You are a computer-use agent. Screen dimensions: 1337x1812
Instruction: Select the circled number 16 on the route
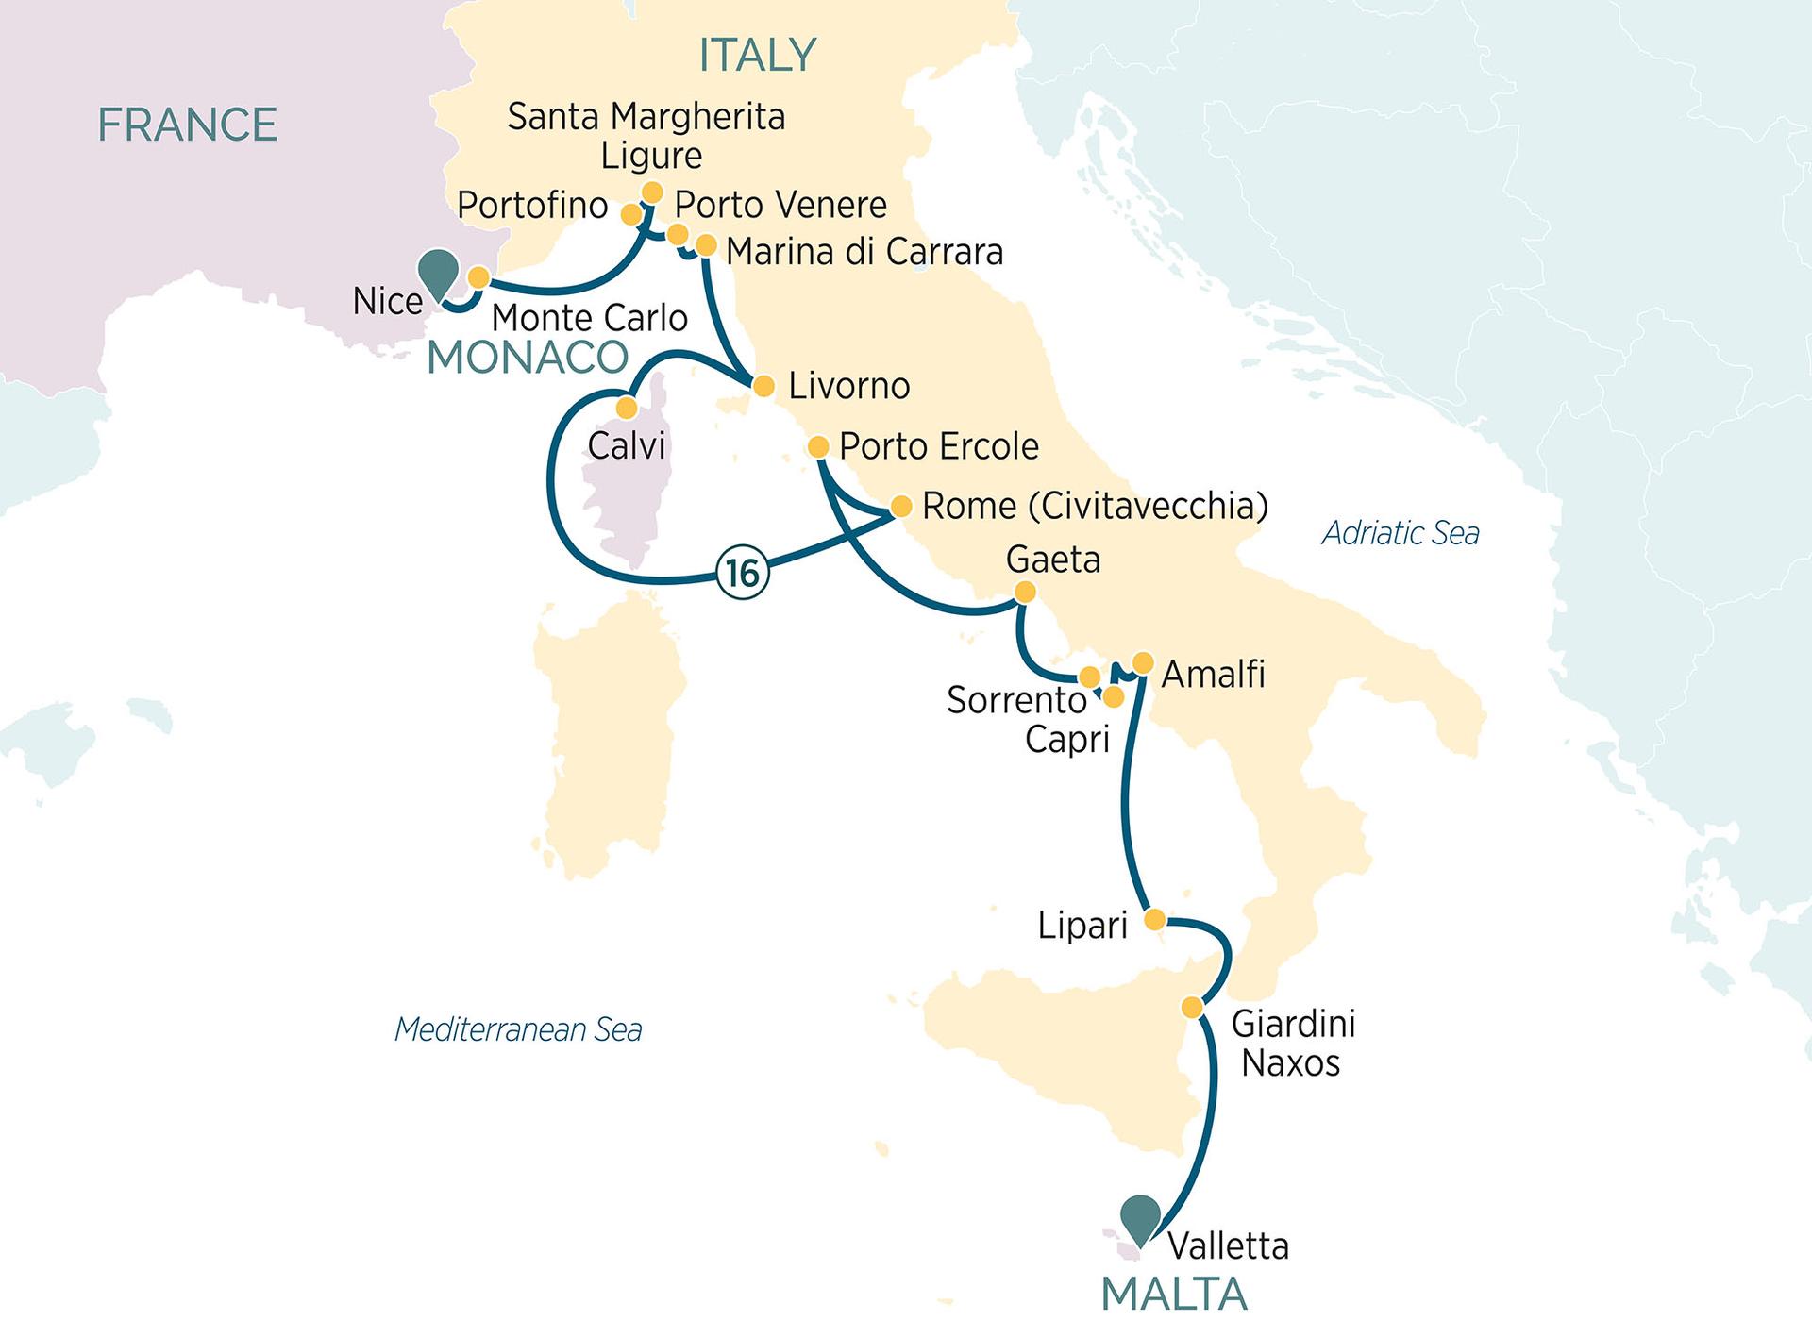tap(743, 572)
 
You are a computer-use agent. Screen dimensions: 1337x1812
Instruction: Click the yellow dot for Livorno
tap(763, 386)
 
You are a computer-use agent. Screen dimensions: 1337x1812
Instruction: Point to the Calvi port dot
tap(626, 408)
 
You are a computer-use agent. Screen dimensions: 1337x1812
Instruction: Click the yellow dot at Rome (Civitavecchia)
tap(901, 507)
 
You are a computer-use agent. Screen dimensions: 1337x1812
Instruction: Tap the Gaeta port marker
tap(1024, 593)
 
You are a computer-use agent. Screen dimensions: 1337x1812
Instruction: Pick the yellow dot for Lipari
tap(1154, 919)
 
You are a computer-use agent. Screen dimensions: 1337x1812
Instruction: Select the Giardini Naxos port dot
tap(1192, 1008)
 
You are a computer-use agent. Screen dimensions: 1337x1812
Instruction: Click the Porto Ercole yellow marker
tap(818, 446)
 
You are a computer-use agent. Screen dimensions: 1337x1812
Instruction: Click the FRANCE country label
tap(187, 125)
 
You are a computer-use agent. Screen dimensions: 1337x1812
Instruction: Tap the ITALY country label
tap(757, 56)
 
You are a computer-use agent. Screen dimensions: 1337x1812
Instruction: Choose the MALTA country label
tap(1174, 1295)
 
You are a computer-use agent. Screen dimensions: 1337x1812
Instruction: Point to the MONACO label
tap(528, 358)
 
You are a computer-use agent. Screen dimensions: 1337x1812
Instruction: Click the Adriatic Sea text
tap(1401, 533)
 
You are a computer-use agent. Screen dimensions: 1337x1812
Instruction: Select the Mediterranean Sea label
tap(518, 1029)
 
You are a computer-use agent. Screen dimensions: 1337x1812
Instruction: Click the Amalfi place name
tap(1213, 674)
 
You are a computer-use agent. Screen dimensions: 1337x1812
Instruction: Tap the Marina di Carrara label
tap(864, 252)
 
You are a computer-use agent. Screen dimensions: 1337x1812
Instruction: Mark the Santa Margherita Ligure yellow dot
tap(651, 192)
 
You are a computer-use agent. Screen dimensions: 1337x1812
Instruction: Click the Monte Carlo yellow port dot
tap(478, 277)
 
